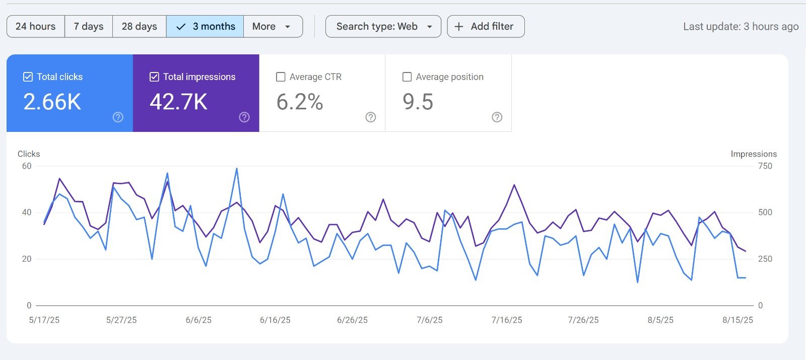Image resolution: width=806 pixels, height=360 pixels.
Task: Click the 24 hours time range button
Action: [35, 26]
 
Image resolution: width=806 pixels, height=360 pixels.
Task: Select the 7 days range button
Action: [89, 26]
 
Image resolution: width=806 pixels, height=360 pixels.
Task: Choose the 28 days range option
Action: [139, 26]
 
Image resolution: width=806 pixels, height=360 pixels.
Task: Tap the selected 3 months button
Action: [205, 26]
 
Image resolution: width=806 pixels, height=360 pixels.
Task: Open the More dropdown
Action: [273, 26]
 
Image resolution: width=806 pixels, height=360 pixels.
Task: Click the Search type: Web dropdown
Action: [383, 26]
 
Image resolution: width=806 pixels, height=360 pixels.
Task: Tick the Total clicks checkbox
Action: [28, 77]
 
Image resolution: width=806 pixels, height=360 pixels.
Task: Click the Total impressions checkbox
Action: [155, 77]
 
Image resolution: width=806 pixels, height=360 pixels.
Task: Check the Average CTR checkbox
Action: [281, 77]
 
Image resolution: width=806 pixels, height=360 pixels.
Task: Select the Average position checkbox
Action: [407, 77]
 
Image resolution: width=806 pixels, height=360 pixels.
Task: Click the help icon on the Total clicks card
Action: [118, 117]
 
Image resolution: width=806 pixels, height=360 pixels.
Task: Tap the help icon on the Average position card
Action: [497, 117]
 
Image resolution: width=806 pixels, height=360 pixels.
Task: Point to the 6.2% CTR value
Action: [300, 102]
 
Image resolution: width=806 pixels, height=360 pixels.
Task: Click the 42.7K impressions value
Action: [178, 102]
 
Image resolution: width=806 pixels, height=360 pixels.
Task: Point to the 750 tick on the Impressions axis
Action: [765, 166]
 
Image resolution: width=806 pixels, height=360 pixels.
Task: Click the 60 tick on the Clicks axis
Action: [27, 166]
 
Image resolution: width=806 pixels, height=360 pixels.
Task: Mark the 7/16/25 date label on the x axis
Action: [507, 320]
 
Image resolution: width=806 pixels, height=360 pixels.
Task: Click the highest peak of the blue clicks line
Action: [237, 169]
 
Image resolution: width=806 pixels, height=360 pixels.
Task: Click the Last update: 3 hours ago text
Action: [741, 27]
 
